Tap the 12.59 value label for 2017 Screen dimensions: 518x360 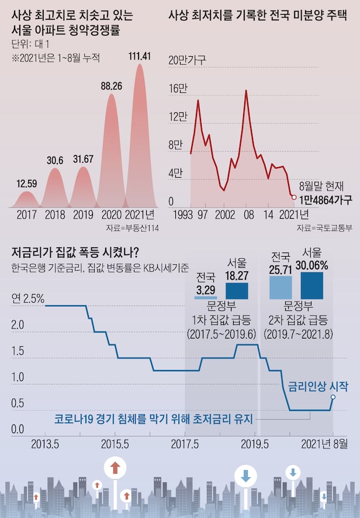pyautogui.click(x=27, y=184)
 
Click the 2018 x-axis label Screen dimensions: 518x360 pyautogui.click(x=55, y=215)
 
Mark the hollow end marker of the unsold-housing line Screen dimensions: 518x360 pyautogui.click(x=293, y=197)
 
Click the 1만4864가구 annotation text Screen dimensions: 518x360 pyautogui.click(x=326, y=200)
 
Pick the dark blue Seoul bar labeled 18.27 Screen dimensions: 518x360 pyautogui.click(x=237, y=291)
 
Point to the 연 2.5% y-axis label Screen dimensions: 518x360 pyautogui.click(x=27, y=298)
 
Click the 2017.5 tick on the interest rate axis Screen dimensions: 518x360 pyautogui.click(x=185, y=443)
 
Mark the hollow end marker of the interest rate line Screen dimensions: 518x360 pyautogui.click(x=333, y=397)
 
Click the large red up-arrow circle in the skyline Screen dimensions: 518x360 pyautogui.click(x=115, y=468)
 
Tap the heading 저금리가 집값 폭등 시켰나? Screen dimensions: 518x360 pyautogui.click(x=75, y=253)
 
